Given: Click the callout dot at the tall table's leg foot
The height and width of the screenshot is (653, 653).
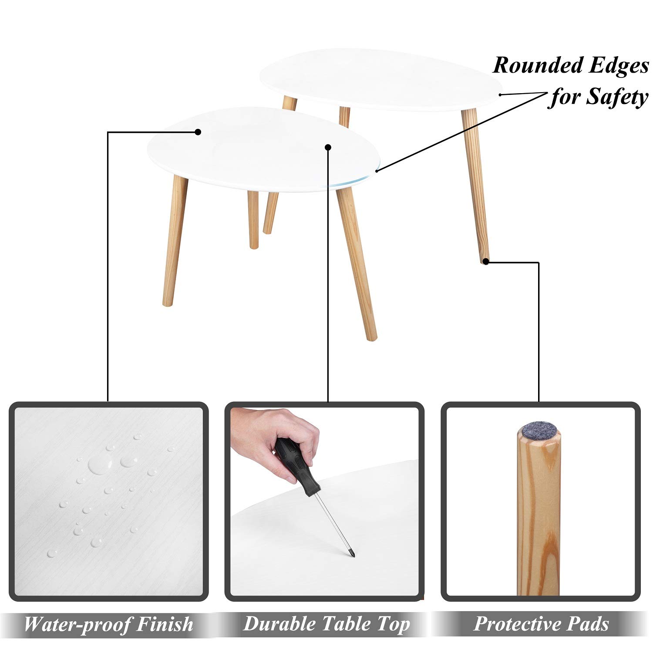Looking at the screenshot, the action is point(486,262).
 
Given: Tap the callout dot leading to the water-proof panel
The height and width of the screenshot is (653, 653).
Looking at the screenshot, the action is point(198,131).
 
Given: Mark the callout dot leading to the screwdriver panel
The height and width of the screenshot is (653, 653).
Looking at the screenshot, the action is point(328,148).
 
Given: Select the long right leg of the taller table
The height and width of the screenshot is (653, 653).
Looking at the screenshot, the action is point(475,185).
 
